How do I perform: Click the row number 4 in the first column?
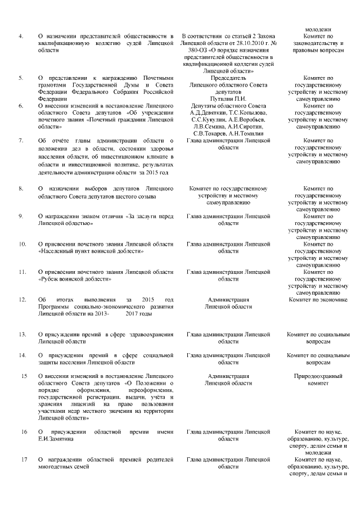(x=21, y=36)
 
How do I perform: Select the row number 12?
(x=22, y=300)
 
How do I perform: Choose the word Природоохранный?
(x=318, y=375)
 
